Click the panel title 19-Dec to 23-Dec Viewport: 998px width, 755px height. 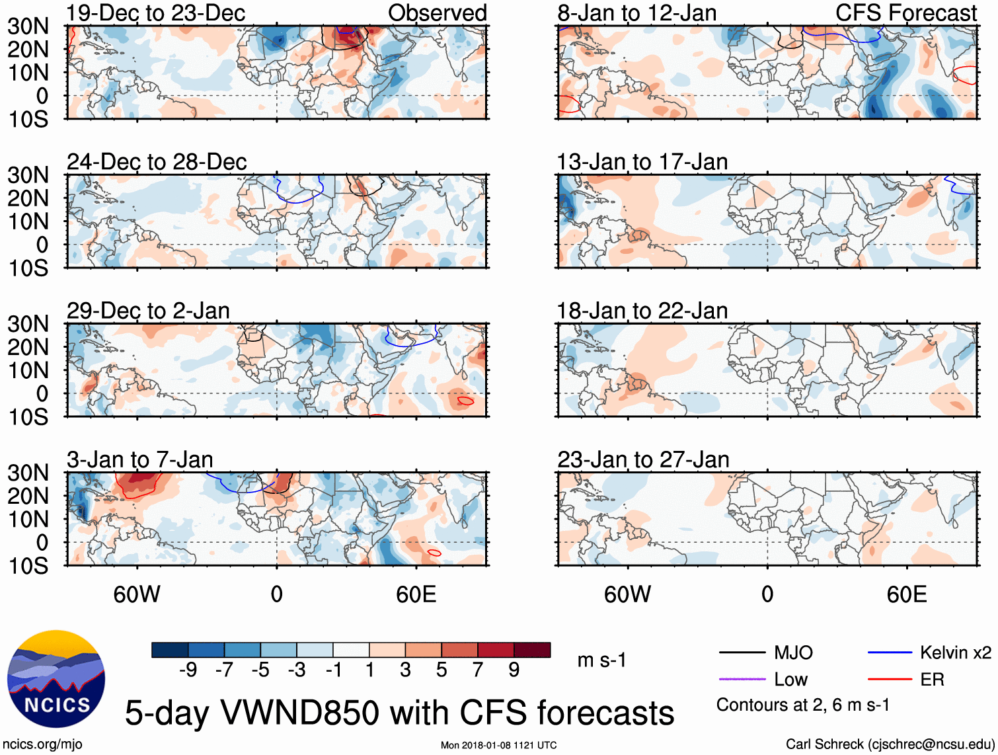pos(156,13)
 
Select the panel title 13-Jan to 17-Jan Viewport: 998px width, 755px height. pos(642,162)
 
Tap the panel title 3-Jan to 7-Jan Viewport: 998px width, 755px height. pos(139,459)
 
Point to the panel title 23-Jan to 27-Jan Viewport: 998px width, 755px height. pos(643,459)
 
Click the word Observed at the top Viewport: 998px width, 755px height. pos(437,13)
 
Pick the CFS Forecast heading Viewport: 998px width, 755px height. pos(906,13)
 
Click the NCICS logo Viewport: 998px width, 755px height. pos(56,679)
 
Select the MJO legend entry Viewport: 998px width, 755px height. pos(793,653)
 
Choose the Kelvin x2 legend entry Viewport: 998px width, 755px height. pos(955,653)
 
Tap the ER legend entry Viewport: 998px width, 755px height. pos(932,680)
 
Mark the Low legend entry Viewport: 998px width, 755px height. pos(790,680)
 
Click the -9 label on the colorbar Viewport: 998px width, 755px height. pos(188,670)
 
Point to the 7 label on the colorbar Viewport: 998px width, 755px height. pos(478,670)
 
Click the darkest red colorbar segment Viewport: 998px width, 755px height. pos(532,650)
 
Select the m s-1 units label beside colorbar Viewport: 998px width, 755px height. pos(601,660)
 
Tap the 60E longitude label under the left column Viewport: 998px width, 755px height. pos(416,594)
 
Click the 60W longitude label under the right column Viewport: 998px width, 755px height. pos(627,594)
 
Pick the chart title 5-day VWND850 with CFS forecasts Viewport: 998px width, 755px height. pos(399,713)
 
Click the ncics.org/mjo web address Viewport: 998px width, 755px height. pos(43,744)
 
